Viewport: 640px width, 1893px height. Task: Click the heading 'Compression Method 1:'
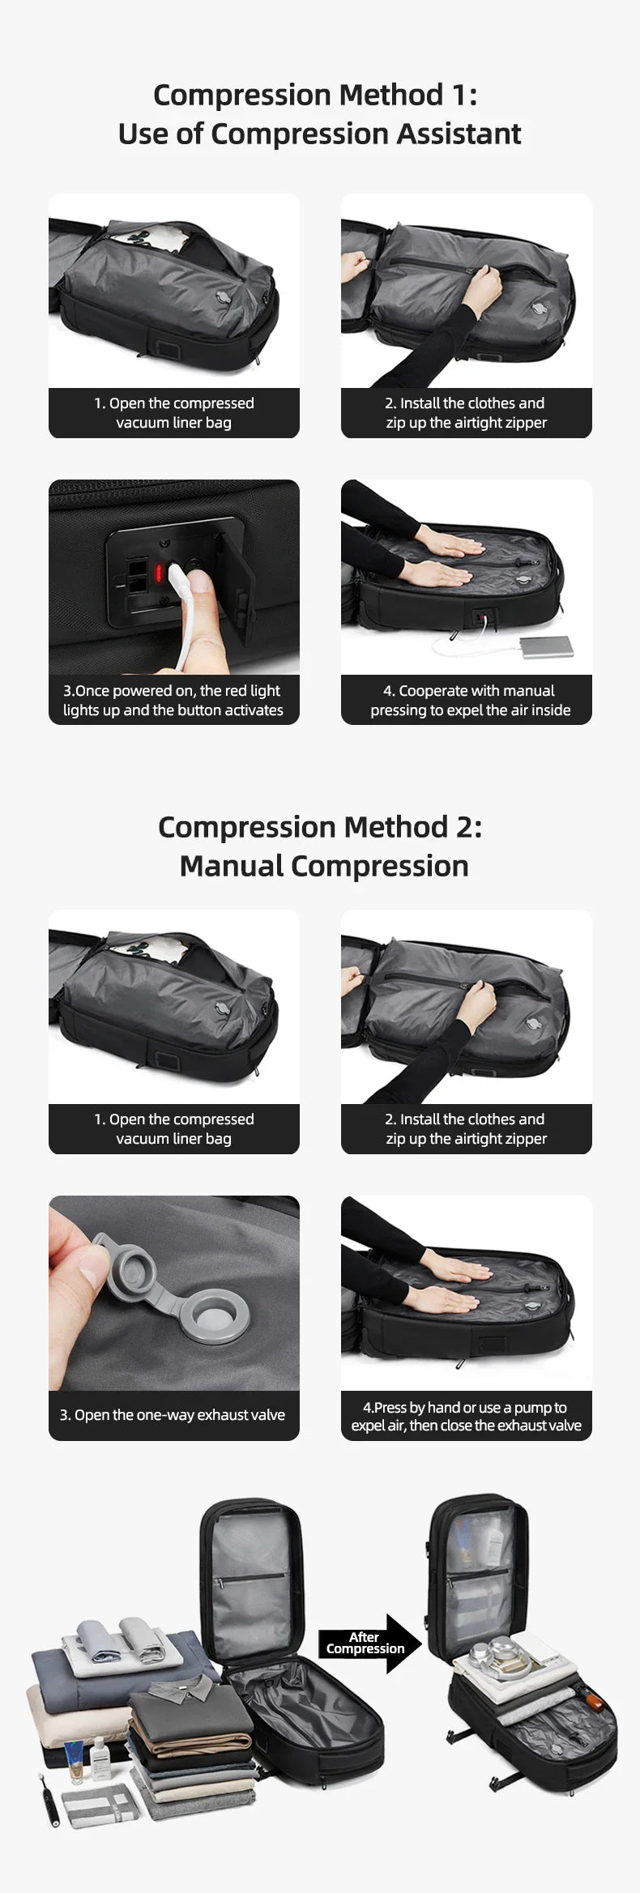(x=315, y=95)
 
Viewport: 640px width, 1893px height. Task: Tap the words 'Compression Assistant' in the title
(x=365, y=134)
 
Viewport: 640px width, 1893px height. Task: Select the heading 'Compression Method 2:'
(x=319, y=827)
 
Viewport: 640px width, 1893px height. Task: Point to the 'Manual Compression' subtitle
(x=323, y=866)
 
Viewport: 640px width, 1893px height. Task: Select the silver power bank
(x=547, y=646)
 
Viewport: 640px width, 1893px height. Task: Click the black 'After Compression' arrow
(x=369, y=1643)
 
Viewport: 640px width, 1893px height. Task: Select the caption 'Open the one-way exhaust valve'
(x=173, y=1415)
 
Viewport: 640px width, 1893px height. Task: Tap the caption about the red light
(x=173, y=700)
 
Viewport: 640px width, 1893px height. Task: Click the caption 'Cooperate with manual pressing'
(x=469, y=700)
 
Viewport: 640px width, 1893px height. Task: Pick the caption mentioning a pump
(x=466, y=1416)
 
